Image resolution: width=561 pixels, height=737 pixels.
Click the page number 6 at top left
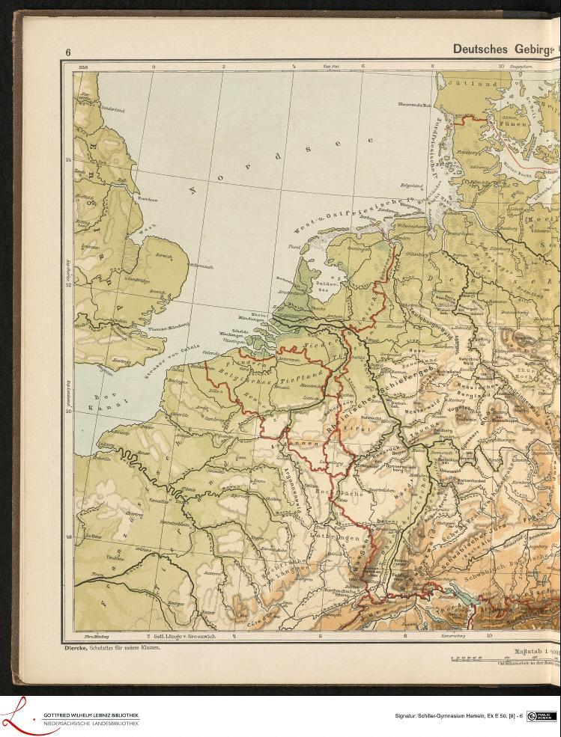coord(67,52)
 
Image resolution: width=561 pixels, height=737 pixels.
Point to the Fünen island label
coord(511,123)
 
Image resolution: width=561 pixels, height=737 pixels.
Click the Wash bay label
coord(149,224)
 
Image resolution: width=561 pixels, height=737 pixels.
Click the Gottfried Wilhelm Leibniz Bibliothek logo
coord(71,716)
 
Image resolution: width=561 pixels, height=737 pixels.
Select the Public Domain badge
coord(540,716)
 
